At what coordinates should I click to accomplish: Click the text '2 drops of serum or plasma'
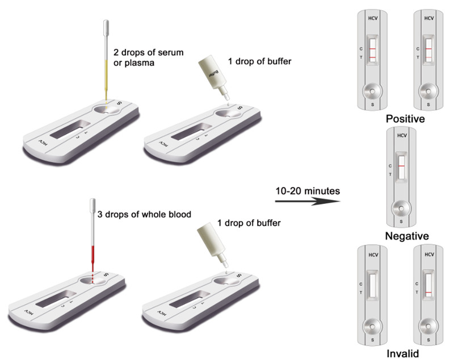point(148,57)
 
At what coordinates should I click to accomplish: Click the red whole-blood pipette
point(93,236)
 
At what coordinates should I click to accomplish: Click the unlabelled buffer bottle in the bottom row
point(213,244)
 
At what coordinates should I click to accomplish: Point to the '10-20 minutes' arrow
point(308,201)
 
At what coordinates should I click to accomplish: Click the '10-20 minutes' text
point(308,191)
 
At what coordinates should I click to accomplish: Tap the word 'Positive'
point(405,119)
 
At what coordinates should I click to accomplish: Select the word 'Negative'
point(407,236)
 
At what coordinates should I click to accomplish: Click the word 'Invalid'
point(403,353)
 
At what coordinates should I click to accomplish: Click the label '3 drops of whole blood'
point(144,215)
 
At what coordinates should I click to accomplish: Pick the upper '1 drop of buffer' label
point(259,61)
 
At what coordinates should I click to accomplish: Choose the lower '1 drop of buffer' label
point(249,223)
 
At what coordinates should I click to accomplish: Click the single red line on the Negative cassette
point(401,166)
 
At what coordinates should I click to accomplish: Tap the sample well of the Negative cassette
point(401,208)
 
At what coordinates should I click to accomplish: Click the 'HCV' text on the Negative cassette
point(402,135)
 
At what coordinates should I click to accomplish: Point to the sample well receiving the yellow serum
point(106,110)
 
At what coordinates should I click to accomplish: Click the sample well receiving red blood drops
point(93,281)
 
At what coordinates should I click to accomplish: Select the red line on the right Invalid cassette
point(428,293)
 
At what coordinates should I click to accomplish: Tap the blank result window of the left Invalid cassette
point(372,285)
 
